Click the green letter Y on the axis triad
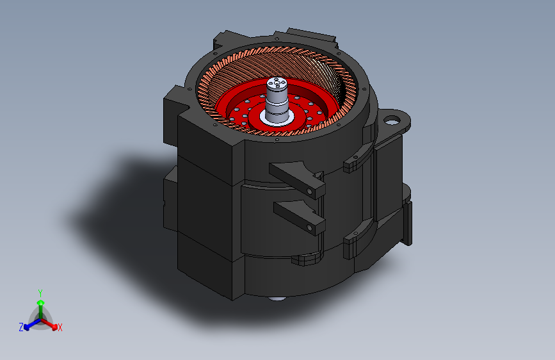pos(40,293)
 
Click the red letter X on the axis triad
pos(60,327)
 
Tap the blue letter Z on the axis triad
pos(21,327)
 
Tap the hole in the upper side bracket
pos(309,192)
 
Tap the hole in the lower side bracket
pos(309,228)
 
